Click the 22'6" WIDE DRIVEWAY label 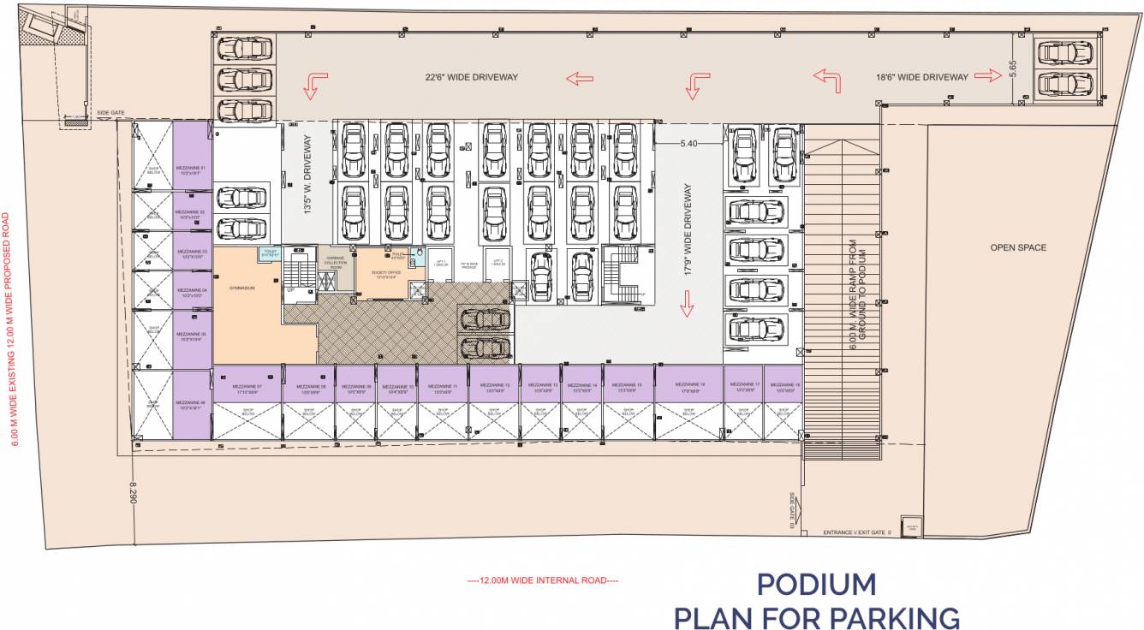point(472,77)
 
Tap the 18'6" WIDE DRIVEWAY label point(922,77)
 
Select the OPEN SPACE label point(1018,247)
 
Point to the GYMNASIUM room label point(242,288)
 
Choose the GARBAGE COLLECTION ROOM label point(336,262)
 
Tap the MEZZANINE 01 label point(191,169)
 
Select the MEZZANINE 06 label point(191,404)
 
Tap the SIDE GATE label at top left point(111,112)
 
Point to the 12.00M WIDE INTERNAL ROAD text point(543,580)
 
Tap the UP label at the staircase point(289,290)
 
